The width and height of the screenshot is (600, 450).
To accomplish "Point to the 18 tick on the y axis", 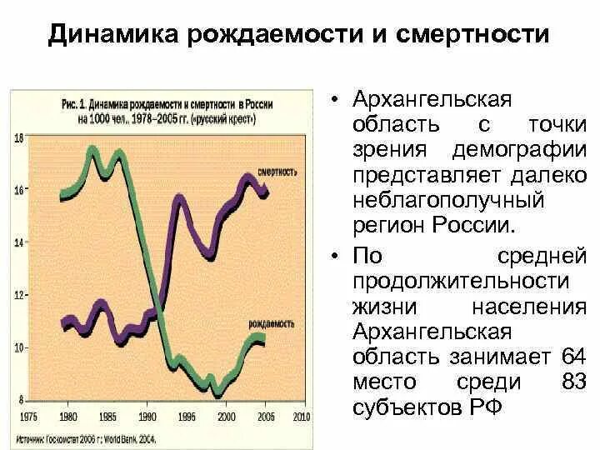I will tap(18, 138).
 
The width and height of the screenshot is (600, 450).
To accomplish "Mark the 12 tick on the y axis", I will tap(18, 295).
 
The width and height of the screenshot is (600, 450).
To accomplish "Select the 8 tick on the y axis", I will tap(20, 399).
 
